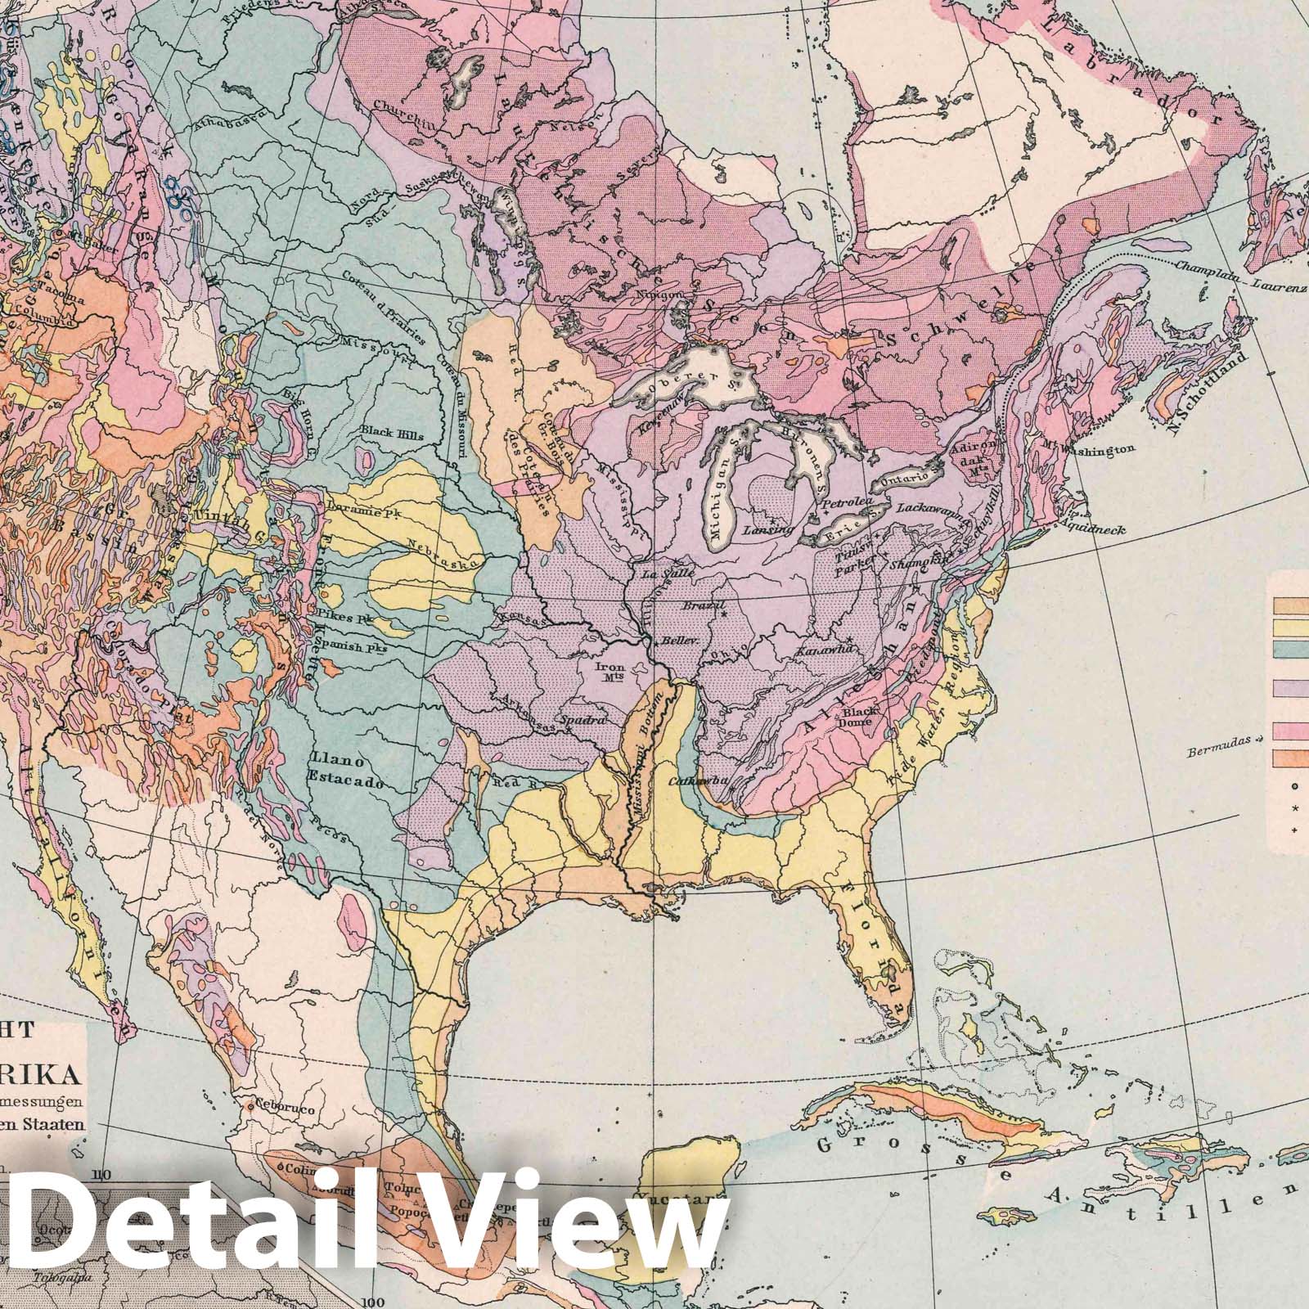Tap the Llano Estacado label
tap(345, 770)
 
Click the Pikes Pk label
tap(346, 619)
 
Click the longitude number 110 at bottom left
tap(101, 1176)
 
